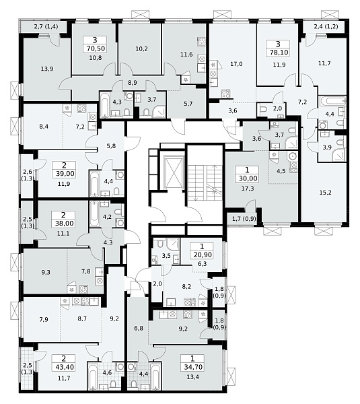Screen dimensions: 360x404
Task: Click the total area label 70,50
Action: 95,48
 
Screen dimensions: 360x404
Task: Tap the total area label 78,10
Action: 278,53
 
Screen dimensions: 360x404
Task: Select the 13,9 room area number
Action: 47,69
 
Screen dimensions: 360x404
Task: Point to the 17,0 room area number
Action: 236,64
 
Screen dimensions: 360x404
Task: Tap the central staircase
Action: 205,182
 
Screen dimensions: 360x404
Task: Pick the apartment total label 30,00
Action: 248,178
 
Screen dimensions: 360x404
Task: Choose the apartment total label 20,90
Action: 202,255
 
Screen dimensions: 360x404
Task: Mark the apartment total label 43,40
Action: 64,367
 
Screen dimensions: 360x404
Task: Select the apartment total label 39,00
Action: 65,174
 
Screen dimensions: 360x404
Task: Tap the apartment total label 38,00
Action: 64,223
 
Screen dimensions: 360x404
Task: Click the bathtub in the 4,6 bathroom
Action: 93,376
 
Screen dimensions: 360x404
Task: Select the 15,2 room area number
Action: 325,193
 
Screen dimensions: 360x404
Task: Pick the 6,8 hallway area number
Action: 139,329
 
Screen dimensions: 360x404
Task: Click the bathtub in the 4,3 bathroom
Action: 105,104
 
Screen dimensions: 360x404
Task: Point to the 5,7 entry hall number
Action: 188,104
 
